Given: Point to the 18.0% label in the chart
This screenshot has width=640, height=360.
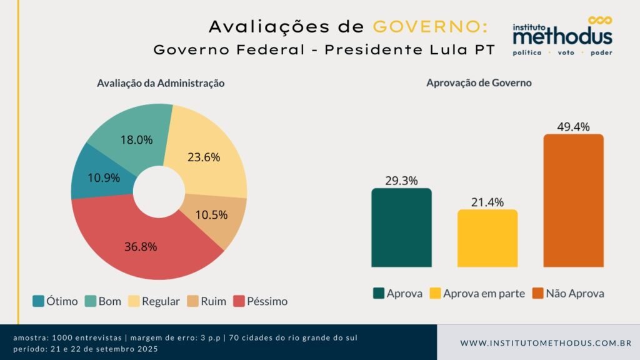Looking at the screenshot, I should pyautogui.click(x=136, y=140).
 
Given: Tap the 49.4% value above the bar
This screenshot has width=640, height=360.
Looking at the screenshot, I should pyautogui.click(x=573, y=126).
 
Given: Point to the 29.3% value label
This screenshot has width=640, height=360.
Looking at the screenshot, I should pyautogui.click(x=401, y=180).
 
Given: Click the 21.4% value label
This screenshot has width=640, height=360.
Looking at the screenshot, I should pyautogui.click(x=487, y=201).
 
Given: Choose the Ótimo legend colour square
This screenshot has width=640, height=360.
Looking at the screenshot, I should pyautogui.click(x=37, y=301).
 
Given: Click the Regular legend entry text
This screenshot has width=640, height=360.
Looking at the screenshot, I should pyautogui.click(x=161, y=301).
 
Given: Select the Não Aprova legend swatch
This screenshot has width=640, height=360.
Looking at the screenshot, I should pyautogui.click(x=537, y=293).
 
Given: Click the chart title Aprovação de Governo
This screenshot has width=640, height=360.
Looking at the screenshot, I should pyautogui.click(x=479, y=82).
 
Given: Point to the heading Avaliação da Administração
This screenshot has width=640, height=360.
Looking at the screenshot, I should pyautogui.click(x=161, y=82).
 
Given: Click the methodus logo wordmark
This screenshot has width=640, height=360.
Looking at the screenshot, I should pyautogui.click(x=562, y=37).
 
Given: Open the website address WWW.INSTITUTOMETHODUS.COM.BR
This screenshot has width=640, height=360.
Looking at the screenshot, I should pyautogui.click(x=546, y=343).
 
